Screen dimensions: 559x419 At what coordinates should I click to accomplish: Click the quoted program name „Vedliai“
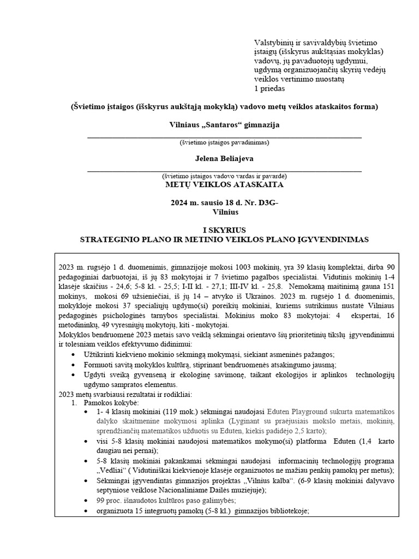click(113, 471)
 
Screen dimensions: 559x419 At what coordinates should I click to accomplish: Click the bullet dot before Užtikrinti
click(89, 355)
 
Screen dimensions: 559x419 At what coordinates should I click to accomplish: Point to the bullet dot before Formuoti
click(89, 365)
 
